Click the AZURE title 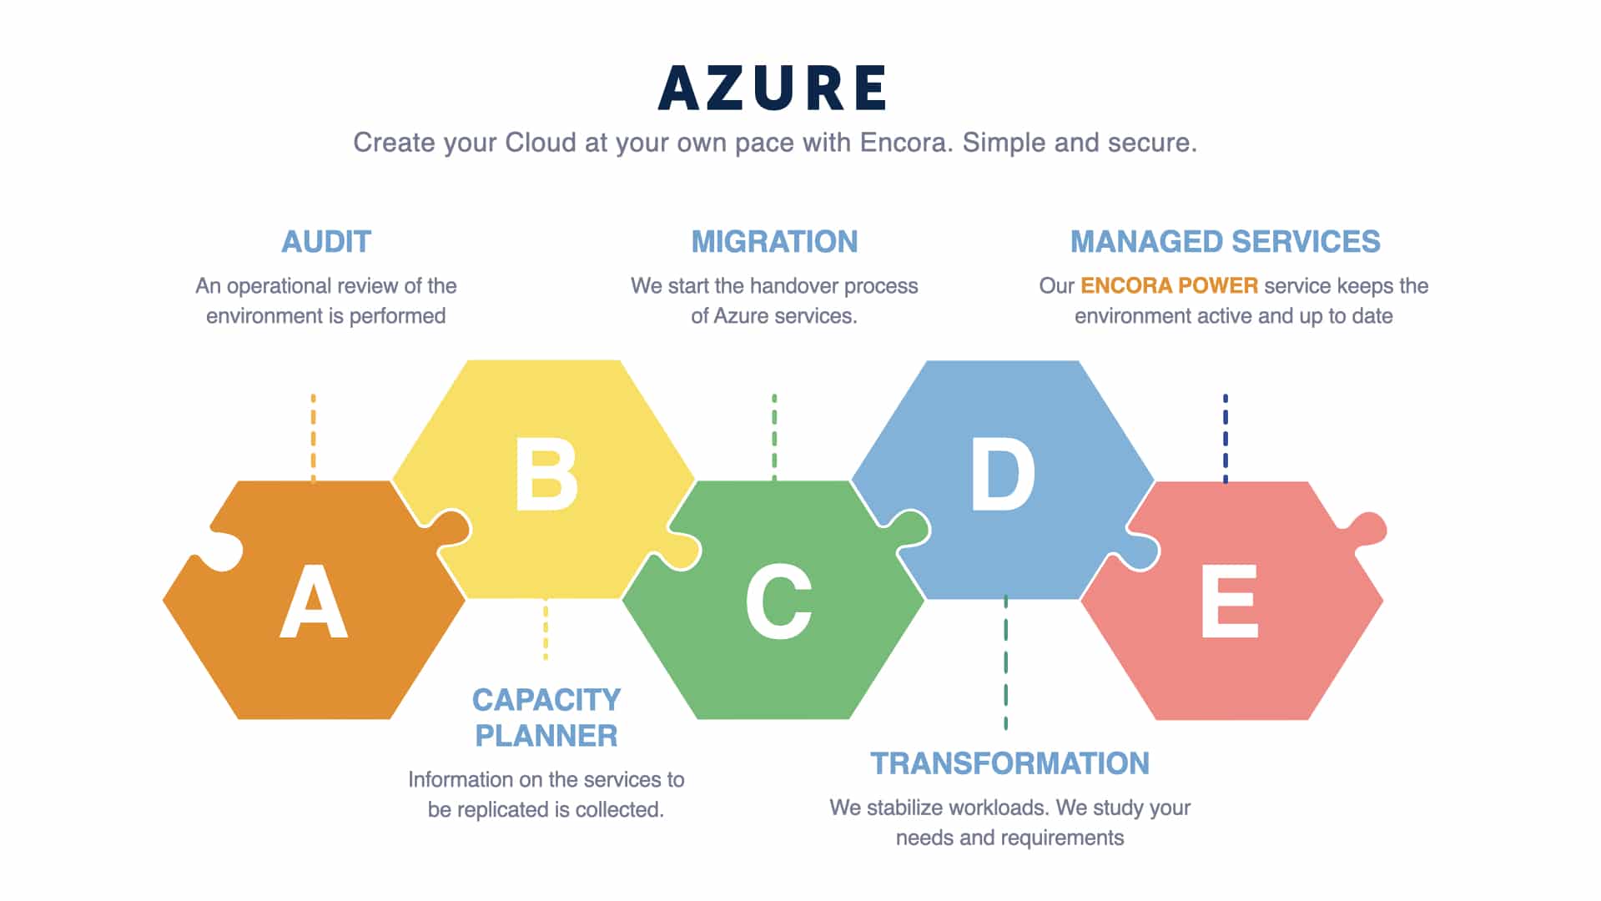pos(773,88)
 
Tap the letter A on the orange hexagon pos(314,602)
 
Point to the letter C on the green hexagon pos(778,602)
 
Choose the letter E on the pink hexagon pos(1229,602)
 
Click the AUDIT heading pos(326,242)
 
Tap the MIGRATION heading pos(774,242)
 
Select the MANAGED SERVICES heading pos(1226,242)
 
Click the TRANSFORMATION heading pos(1009,763)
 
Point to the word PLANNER pos(546,736)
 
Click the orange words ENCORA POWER pos(1169,285)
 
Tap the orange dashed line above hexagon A pos(314,438)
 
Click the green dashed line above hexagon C pos(774,437)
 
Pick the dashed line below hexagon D pos(1005,663)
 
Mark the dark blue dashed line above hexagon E pos(1225,439)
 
